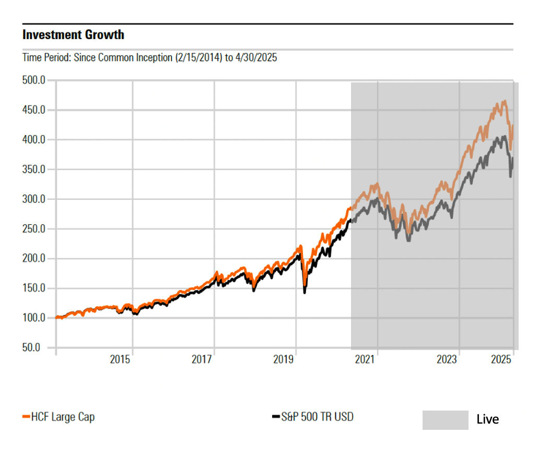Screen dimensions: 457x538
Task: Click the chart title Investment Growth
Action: click(74, 35)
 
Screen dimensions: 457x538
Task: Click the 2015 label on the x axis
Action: click(120, 359)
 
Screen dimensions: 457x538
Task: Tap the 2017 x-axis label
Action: click(202, 359)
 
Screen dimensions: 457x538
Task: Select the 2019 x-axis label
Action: click(284, 359)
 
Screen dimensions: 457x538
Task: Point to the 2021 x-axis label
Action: click(365, 359)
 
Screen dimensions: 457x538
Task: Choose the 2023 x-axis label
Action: click(447, 359)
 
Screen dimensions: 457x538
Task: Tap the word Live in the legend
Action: click(487, 419)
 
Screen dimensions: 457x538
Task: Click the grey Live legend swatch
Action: click(445, 420)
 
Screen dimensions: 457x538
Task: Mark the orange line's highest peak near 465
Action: click(504, 101)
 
